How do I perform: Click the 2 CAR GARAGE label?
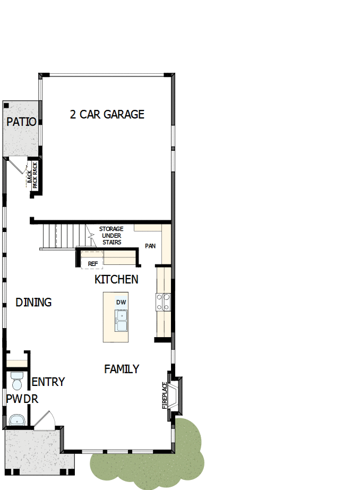coord(107,115)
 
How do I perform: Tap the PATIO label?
coord(21,122)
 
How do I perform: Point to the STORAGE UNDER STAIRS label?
coord(111,236)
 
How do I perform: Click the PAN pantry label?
coord(150,246)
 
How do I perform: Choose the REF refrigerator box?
coord(92,263)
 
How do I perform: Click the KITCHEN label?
coord(116,279)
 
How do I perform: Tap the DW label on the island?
coord(121,303)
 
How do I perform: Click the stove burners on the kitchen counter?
coord(163,302)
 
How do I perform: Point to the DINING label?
coord(33,303)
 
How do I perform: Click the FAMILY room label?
coord(122,369)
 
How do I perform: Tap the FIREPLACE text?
coord(165,396)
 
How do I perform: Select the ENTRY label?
coord(48,382)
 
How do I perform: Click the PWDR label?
coord(22,399)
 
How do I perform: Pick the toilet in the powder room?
coord(16,380)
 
